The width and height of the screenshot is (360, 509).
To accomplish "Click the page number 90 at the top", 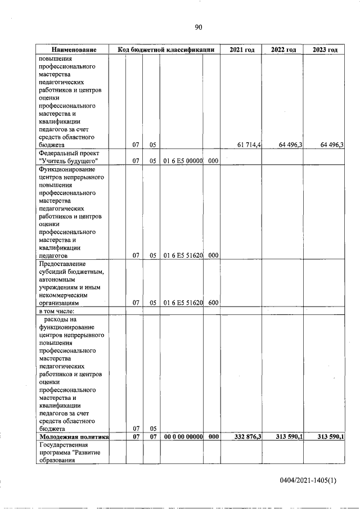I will point(198,26).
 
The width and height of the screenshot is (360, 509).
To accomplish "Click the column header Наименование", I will point(73,50).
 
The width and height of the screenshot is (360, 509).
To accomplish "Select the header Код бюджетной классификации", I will point(166,50).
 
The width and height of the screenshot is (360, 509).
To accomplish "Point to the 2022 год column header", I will point(283,50).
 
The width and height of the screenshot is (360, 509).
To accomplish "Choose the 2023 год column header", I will point(325,50).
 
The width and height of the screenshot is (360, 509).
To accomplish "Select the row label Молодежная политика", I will point(73,436).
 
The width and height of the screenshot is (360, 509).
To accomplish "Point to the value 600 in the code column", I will point(213,303).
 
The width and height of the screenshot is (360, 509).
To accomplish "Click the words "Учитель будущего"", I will point(65,161).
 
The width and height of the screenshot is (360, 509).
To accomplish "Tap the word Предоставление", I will point(62,263).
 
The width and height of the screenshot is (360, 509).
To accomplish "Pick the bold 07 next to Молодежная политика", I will point(136,436).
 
